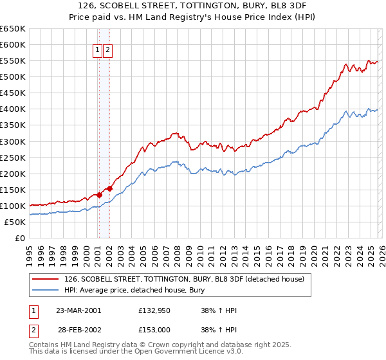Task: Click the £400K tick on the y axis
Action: tap(13, 109)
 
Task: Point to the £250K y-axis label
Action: tap(13, 157)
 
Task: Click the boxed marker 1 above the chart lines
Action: tap(98, 50)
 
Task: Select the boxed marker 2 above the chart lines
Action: tap(107, 50)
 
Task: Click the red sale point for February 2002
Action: tap(110, 188)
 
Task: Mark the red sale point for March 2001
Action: tap(100, 195)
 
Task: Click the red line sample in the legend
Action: tap(46, 279)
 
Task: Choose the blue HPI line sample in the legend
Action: tap(46, 290)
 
